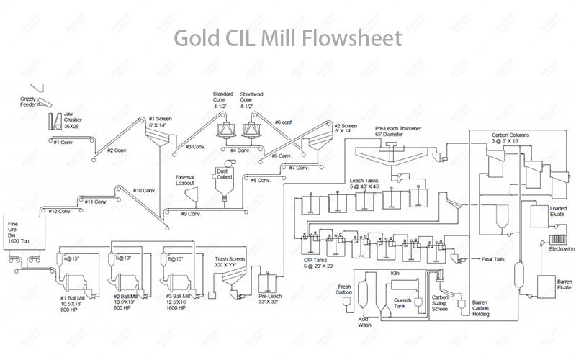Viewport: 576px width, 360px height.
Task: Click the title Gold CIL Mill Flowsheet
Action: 287,37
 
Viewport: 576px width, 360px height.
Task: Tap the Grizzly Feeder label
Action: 28,102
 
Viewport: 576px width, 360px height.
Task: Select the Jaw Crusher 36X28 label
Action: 76,121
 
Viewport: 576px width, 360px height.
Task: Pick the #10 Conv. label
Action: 144,191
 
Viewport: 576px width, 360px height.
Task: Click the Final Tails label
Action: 493,260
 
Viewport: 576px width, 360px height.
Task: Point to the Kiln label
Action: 394,274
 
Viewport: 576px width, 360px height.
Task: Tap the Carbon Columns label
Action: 510,137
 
